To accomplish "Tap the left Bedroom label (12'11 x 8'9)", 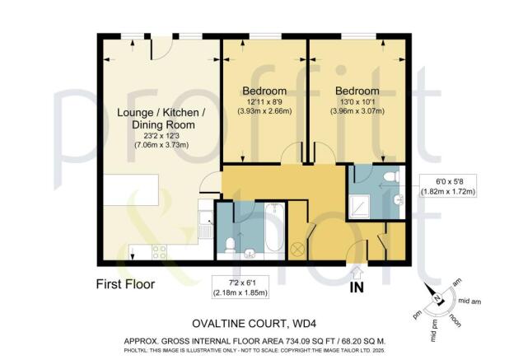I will [264, 90].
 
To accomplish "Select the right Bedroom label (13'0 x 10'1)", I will [357, 90].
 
